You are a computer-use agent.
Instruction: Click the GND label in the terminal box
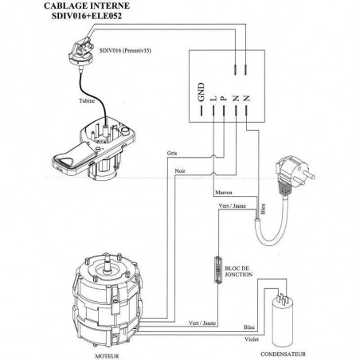tap(202, 92)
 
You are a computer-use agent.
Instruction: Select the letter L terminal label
tap(213, 99)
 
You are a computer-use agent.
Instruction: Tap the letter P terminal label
tap(224, 99)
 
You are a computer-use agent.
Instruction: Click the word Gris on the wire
tap(172, 153)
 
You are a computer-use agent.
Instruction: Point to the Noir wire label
tap(180, 171)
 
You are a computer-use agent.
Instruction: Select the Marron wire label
tap(224, 192)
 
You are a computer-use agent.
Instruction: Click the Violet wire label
tap(252, 339)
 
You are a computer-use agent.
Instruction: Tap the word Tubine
tap(87, 101)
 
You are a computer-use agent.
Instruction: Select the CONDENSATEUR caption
tap(283, 354)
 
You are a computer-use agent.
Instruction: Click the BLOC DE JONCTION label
tap(239, 272)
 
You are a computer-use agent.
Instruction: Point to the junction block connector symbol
tap(218, 270)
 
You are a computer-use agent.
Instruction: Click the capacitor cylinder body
tap(284, 324)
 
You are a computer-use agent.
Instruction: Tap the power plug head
tap(293, 171)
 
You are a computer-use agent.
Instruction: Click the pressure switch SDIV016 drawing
tap(80, 53)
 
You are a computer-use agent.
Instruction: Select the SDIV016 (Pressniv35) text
tap(125, 50)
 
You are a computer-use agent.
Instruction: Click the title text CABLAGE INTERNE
tap(87, 6)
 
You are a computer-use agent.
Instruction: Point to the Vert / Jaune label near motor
tap(202, 323)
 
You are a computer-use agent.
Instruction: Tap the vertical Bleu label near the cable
tap(263, 209)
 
